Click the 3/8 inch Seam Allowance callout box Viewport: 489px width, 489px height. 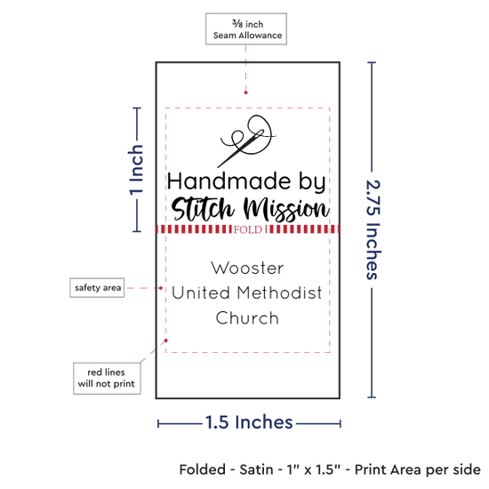tap(246, 28)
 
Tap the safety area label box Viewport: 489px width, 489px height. tap(97, 287)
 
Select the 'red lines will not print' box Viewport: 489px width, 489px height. tap(107, 378)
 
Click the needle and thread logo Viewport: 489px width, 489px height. tap(246, 141)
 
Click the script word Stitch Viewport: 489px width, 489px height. tap(203, 209)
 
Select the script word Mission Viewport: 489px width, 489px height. tap(286, 210)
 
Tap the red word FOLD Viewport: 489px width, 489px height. tap(248, 230)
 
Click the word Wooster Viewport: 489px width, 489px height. tap(247, 269)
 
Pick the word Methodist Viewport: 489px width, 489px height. tap(279, 293)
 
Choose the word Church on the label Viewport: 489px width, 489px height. tap(247, 318)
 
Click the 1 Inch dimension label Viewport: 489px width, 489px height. tap(136, 170)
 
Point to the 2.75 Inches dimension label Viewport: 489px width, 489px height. tap(373, 230)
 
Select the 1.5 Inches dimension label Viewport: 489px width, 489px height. tap(249, 422)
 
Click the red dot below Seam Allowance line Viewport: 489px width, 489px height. tap(245, 92)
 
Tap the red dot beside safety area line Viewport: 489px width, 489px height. tap(161, 288)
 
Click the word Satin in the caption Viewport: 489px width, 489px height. tap(256, 469)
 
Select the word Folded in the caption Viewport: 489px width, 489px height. tap(203, 469)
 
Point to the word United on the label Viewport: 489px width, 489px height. tap(201, 293)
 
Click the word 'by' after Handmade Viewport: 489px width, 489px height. tap(312, 182)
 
